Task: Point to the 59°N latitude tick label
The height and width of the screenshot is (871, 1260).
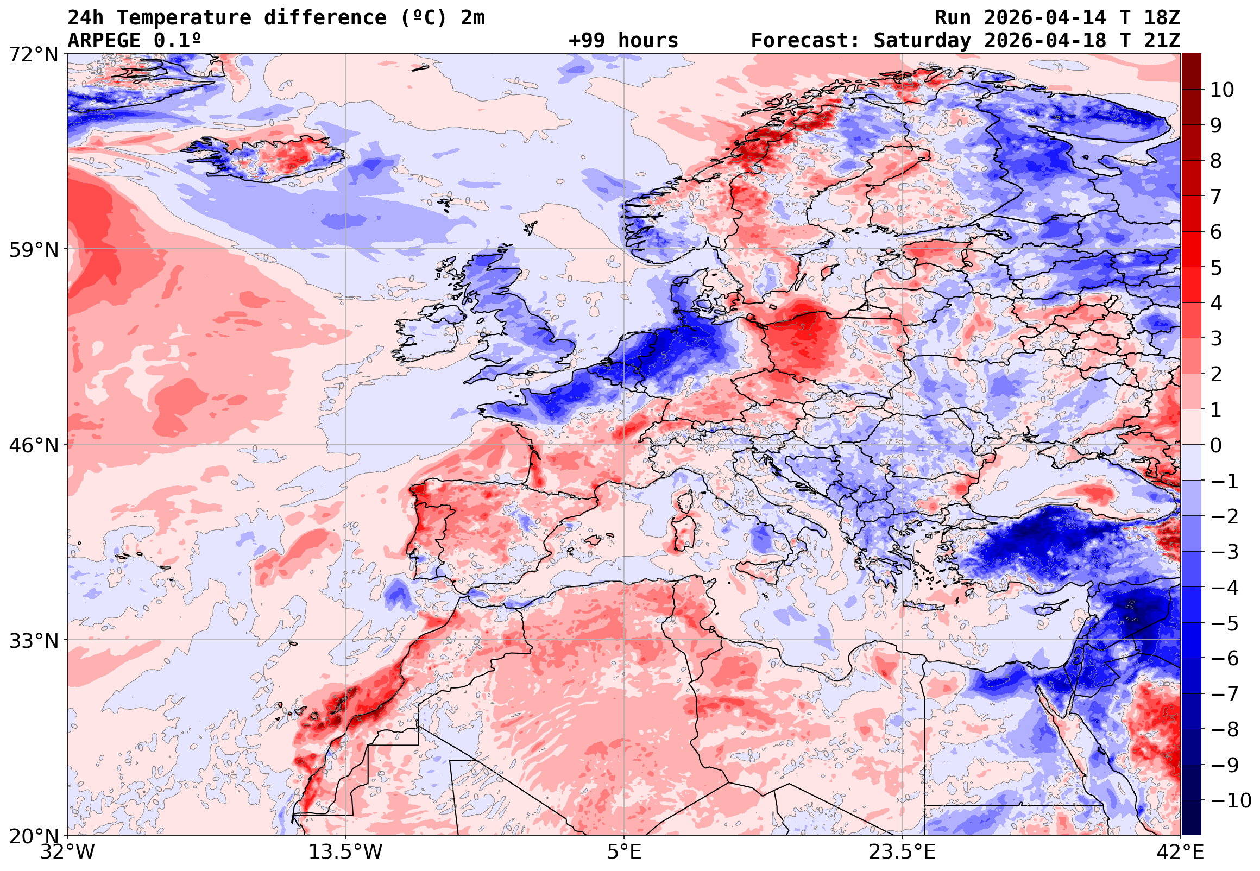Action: (x=33, y=250)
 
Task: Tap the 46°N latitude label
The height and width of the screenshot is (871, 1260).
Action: (x=33, y=445)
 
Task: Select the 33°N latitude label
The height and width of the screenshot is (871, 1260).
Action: (x=33, y=640)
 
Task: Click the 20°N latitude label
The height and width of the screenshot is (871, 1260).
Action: (x=33, y=836)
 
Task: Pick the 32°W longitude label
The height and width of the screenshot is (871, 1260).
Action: (x=67, y=852)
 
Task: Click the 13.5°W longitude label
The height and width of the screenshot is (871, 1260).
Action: (x=345, y=852)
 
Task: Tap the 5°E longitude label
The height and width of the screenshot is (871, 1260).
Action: (x=623, y=852)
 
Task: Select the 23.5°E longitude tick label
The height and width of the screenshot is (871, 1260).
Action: (x=902, y=852)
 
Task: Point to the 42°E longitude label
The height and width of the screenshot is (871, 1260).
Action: (x=1180, y=852)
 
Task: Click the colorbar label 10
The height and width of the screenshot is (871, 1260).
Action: (x=1222, y=90)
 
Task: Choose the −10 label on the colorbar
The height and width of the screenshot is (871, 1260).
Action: (x=1231, y=800)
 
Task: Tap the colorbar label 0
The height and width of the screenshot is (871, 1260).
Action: (x=1216, y=445)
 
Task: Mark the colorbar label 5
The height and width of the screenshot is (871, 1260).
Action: (x=1216, y=268)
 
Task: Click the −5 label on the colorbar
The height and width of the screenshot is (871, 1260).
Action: (x=1225, y=623)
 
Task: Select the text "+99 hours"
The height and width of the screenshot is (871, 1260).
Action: (x=623, y=41)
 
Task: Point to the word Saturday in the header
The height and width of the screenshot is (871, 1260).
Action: (x=922, y=41)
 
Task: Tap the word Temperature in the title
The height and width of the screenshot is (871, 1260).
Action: (x=184, y=18)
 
